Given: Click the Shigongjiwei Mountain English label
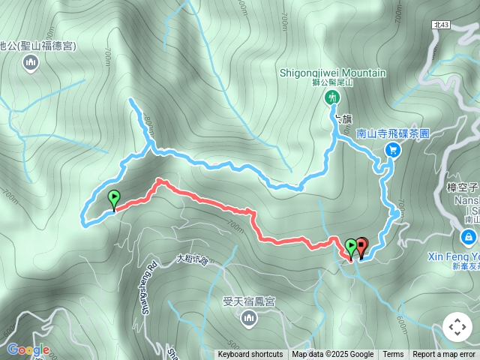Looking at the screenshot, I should [332, 73].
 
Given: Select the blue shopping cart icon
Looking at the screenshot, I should [391, 150].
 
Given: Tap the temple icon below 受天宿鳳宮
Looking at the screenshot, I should [248, 319].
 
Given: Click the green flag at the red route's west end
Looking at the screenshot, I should [114, 199].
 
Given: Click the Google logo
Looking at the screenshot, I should [28, 349].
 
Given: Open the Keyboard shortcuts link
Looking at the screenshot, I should [250, 355].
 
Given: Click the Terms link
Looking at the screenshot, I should [393, 355].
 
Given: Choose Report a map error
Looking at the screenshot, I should [444, 355].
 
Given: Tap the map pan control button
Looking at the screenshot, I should [457, 327].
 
